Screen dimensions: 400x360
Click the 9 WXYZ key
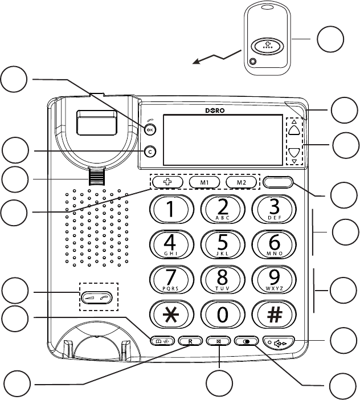pyautogui.click(x=273, y=279)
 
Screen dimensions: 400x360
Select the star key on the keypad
pyautogui.click(x=170, y=314)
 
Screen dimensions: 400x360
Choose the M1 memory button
pyautogui.click(x=204, y=182)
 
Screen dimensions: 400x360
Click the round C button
pyautogui.click(x=149, y=152)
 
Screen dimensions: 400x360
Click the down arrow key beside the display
pyautogui.click(x=293, y=153)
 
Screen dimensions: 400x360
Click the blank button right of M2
pyautogui.click(x=279, y=182)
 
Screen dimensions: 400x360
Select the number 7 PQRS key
pyautogui.click(x=170, y=279)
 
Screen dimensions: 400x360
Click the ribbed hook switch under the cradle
pyautogui.click(x=96, y=177)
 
